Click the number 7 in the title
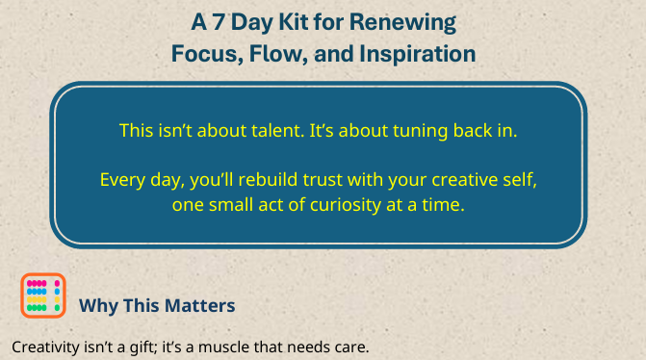[245, 21]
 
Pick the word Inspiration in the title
[423, 54]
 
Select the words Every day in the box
[135, 180]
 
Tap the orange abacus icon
[42, 296]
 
